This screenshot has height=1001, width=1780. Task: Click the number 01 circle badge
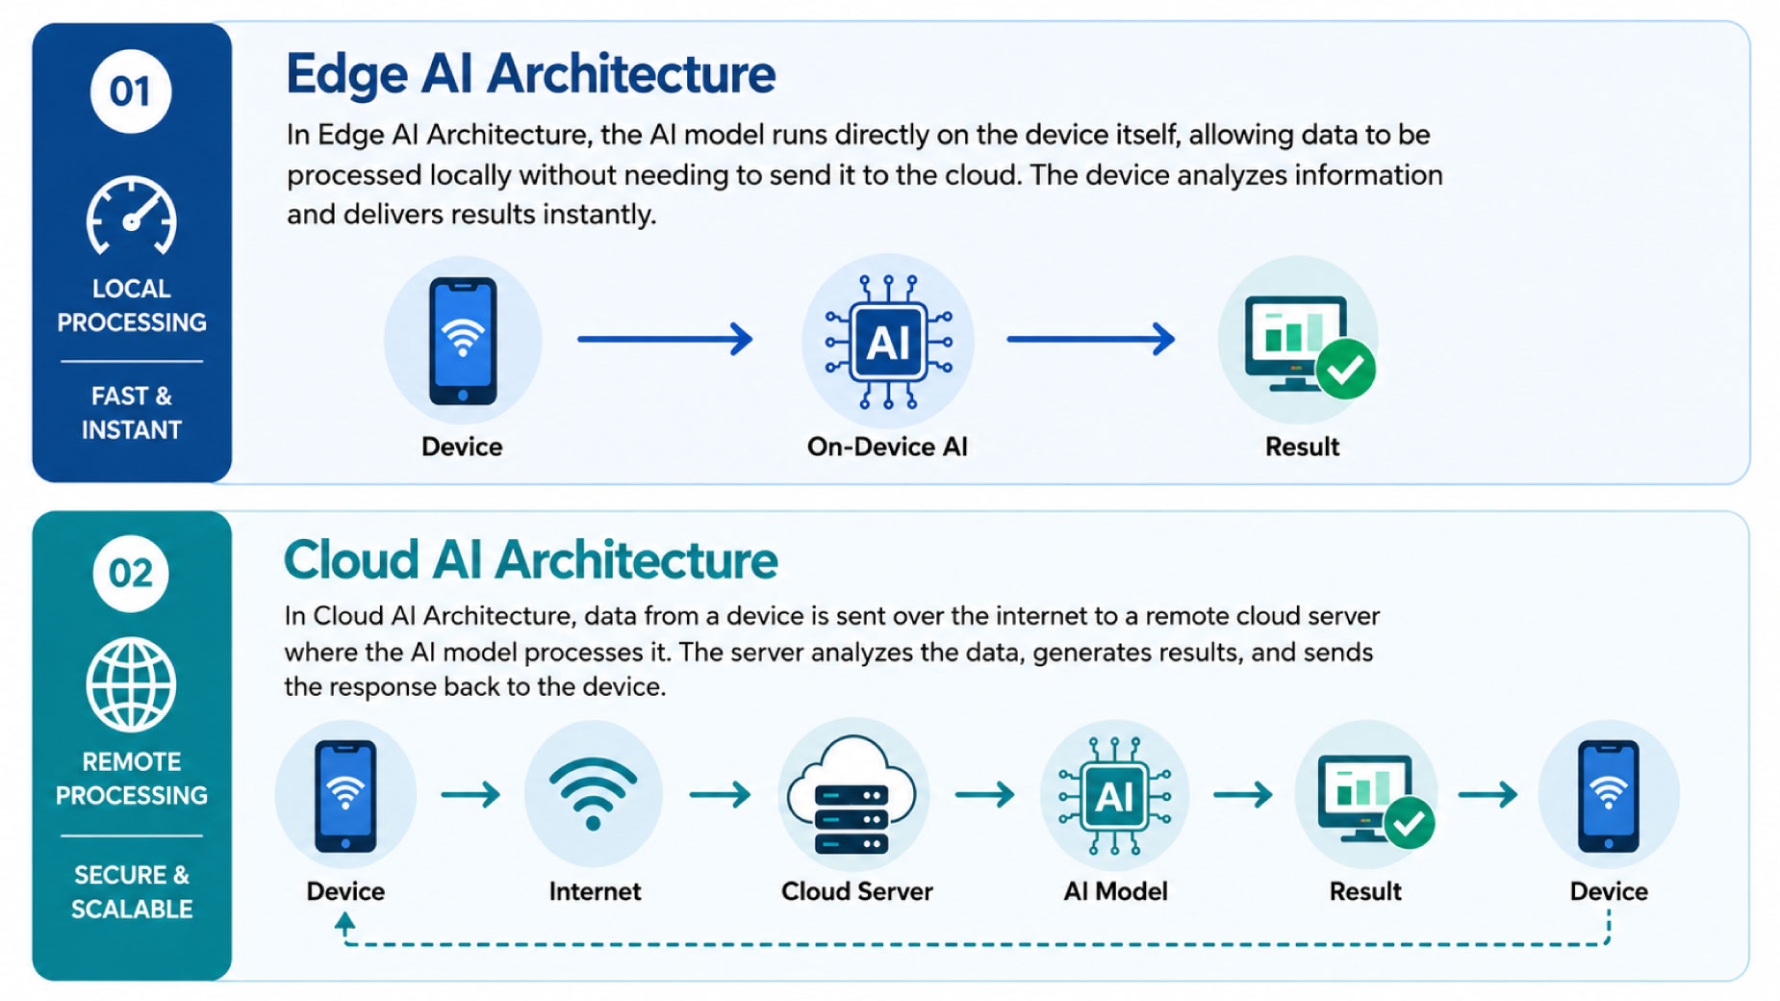[x=131, y=91]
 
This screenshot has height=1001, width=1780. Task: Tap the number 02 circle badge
[x=131, y=574]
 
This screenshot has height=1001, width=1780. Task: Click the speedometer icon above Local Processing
[x=131, y=218]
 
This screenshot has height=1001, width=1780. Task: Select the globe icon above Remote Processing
[x=131, y=685]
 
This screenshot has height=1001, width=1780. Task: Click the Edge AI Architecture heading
[x=530, y=75]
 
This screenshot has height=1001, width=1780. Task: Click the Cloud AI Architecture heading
[x=530, y=560]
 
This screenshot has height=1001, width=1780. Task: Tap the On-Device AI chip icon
[x=888, y=342]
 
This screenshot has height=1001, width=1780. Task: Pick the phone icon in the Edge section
[x=463, y=341]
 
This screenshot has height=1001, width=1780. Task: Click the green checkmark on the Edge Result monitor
[x=1345, y=369]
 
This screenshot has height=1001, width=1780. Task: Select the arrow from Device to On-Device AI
[x=665, y=339]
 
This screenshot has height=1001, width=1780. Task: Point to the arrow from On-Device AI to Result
[x=1091, y=339]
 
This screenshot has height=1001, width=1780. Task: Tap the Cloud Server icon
[x=852, y=796]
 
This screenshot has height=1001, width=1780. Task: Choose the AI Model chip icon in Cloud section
[x=1114, y=797]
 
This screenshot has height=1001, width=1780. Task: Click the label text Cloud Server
[x=856, y=891]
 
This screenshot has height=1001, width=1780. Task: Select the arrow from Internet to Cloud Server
[x=720, y=794]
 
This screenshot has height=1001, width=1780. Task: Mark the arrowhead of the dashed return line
[x=344, y=923]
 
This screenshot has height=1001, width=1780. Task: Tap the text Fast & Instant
[x=131, y=413]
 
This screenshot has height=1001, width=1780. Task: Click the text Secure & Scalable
[x=132, y=892]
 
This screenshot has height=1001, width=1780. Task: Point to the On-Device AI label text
[x=887, y=447]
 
